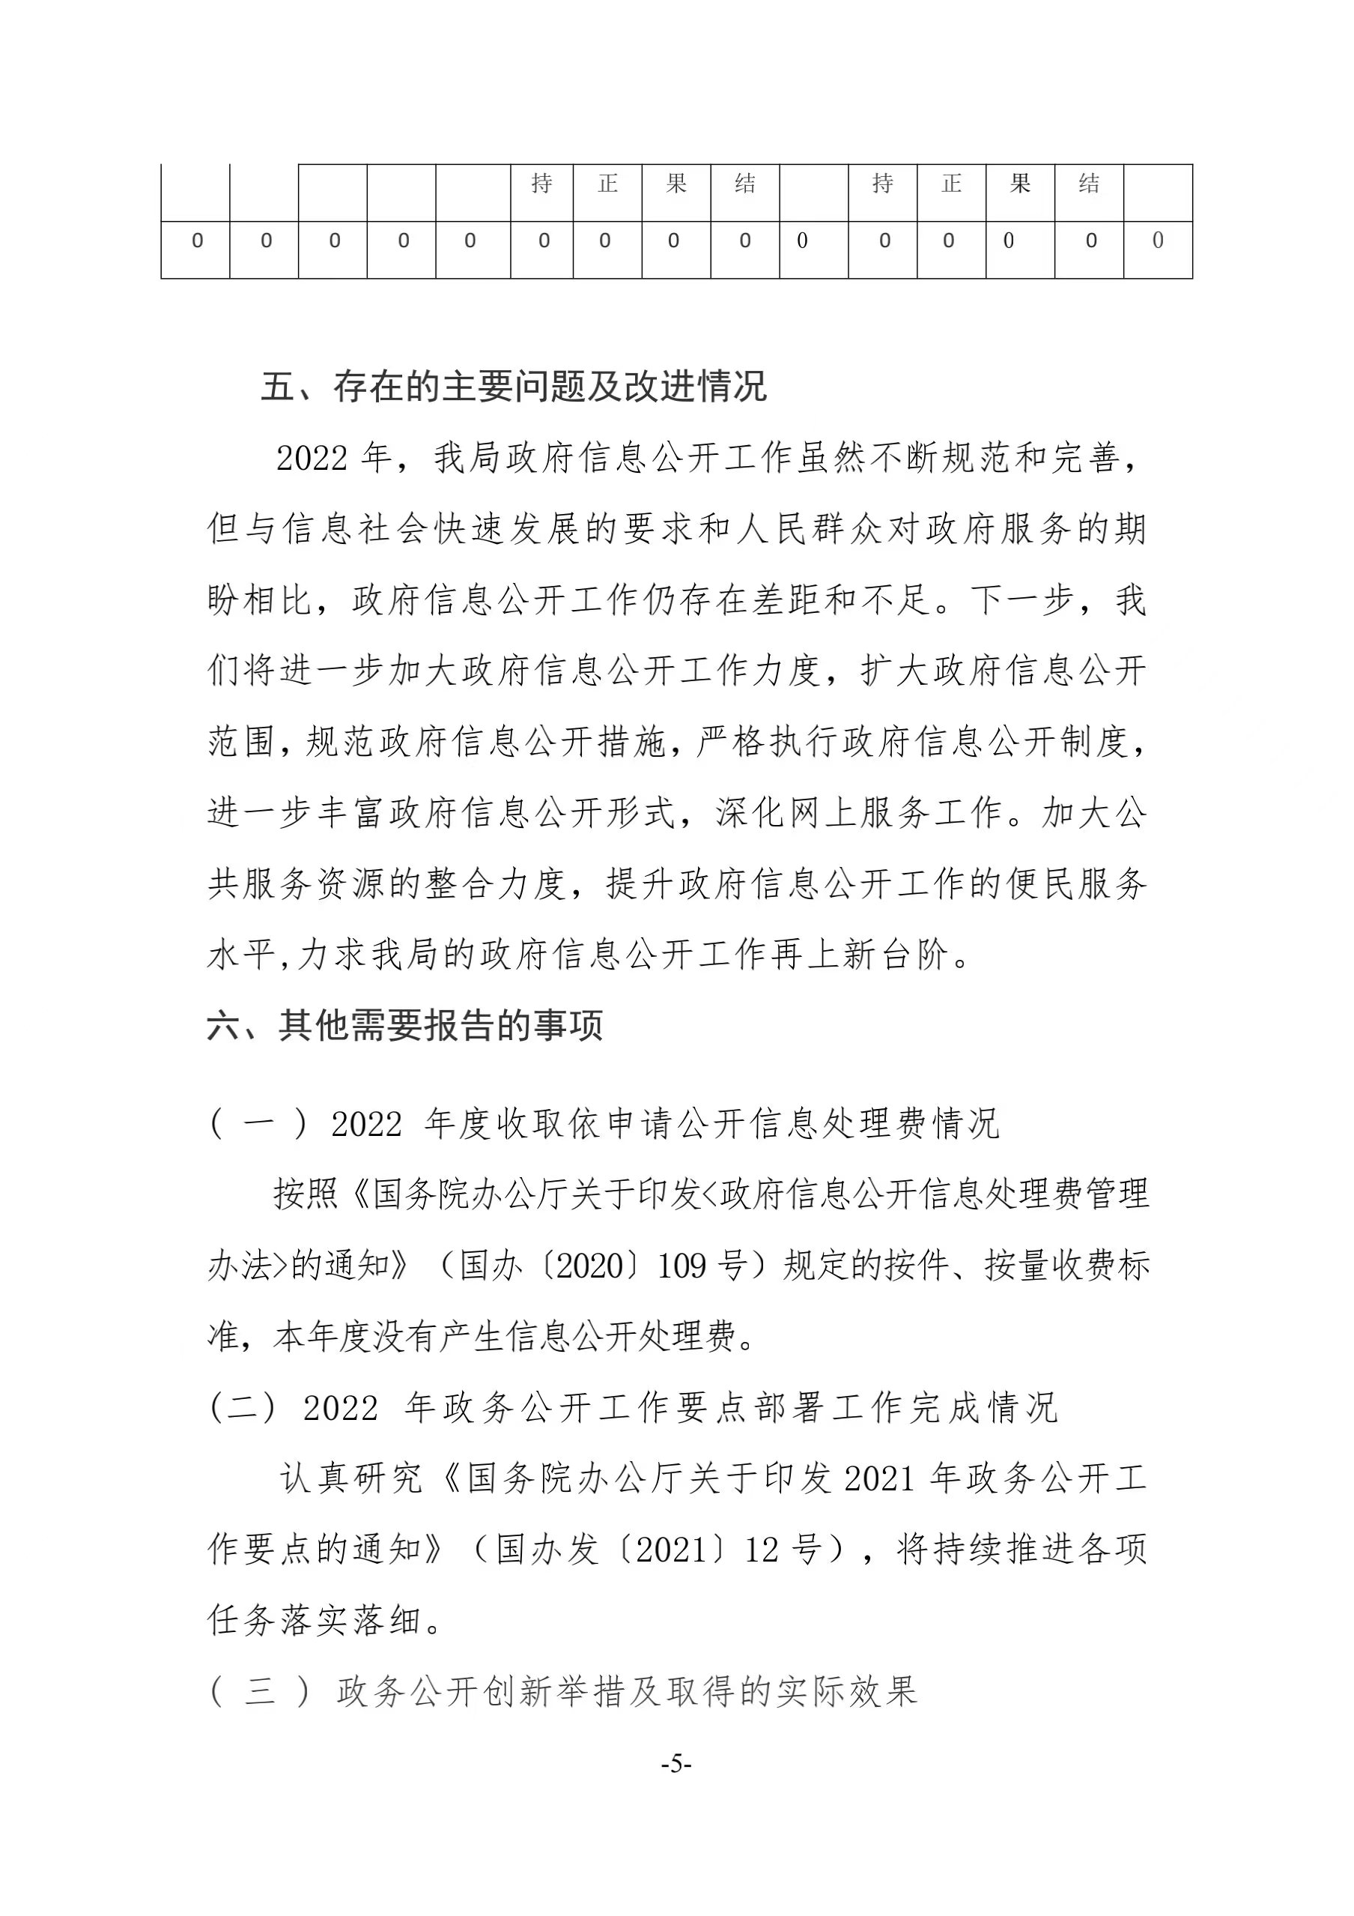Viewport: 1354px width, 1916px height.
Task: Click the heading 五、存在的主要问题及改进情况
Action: [x=513, y=387]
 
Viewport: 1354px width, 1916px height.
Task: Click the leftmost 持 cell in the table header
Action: [x=541, y=184]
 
